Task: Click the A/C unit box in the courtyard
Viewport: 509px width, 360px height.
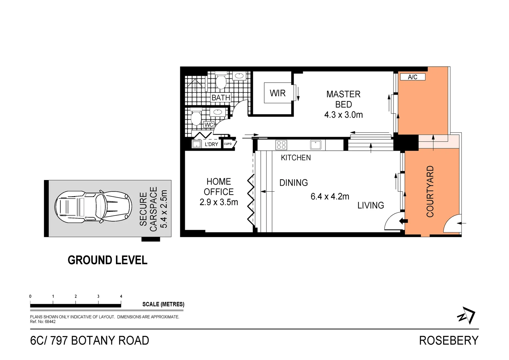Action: point(412,77)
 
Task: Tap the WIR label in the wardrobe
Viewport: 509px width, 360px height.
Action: point(277,93)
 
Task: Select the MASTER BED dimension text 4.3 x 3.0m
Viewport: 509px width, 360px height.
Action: point(343,115)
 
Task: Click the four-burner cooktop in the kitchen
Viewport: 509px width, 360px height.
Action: point(281,145)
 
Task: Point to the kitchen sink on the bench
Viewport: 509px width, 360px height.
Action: point(315,145)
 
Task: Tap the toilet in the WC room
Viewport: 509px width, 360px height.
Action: point(196,117)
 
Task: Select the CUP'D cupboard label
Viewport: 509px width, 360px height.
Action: point(228,144)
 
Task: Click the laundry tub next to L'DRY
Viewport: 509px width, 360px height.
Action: point(197,144)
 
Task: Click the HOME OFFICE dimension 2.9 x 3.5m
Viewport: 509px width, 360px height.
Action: point(219,202)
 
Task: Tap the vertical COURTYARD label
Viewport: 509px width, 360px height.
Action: point(430,191)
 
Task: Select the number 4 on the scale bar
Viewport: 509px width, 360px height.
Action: point(121,296)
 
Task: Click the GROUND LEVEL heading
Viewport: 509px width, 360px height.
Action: point(107,260)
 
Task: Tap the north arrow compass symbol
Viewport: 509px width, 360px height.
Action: point(466,315)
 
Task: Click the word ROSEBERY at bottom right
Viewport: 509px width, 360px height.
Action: point(448,340)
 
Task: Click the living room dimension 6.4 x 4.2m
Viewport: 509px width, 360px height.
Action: point(330,196)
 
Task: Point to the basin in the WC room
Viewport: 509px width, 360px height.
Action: point(218,112)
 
